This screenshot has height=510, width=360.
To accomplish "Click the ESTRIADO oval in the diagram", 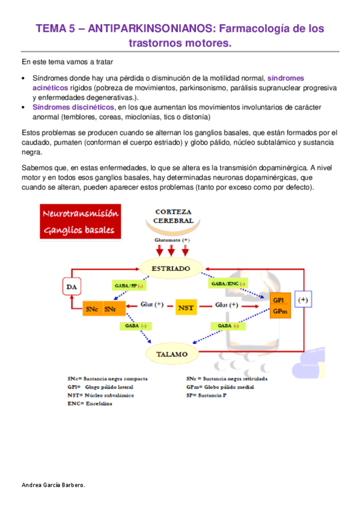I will click(x=173, y=268).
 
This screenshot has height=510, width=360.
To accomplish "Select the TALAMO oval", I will click(x=173, y=354).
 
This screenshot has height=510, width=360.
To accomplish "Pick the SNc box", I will click(x=92, y=309).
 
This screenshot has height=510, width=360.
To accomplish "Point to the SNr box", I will click(x=110, y=309).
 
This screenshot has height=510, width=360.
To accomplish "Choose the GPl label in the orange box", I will click(x=278, y=300).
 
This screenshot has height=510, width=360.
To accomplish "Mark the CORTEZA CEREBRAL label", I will click(x=174, y=217).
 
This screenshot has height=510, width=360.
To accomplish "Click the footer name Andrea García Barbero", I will click(x=53, y=484).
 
